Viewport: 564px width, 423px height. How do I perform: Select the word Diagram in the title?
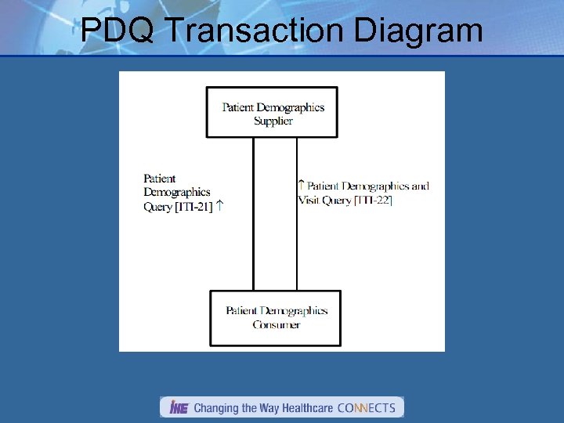[x=418, y=31]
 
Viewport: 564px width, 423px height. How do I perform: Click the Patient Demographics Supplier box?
[x=272, y=113]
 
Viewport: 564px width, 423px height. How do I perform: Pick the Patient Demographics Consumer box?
[x=276, y=317]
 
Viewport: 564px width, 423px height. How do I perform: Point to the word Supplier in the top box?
[x=273, y=121]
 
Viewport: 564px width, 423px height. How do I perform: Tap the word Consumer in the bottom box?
[x=277, y=324]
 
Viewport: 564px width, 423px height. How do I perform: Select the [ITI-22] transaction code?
[x=373, y=200]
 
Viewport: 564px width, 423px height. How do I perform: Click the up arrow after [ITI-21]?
[x=220, y=206]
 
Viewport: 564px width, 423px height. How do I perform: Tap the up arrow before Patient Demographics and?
[x=301, y=186]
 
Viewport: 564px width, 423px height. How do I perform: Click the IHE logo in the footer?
[x=178, y=407]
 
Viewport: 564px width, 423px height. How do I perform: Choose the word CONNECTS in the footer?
[x=366, y=407]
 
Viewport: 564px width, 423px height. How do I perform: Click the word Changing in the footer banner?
[x=215, y=407]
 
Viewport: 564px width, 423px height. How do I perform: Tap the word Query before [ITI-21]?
[x=157, y=207]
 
